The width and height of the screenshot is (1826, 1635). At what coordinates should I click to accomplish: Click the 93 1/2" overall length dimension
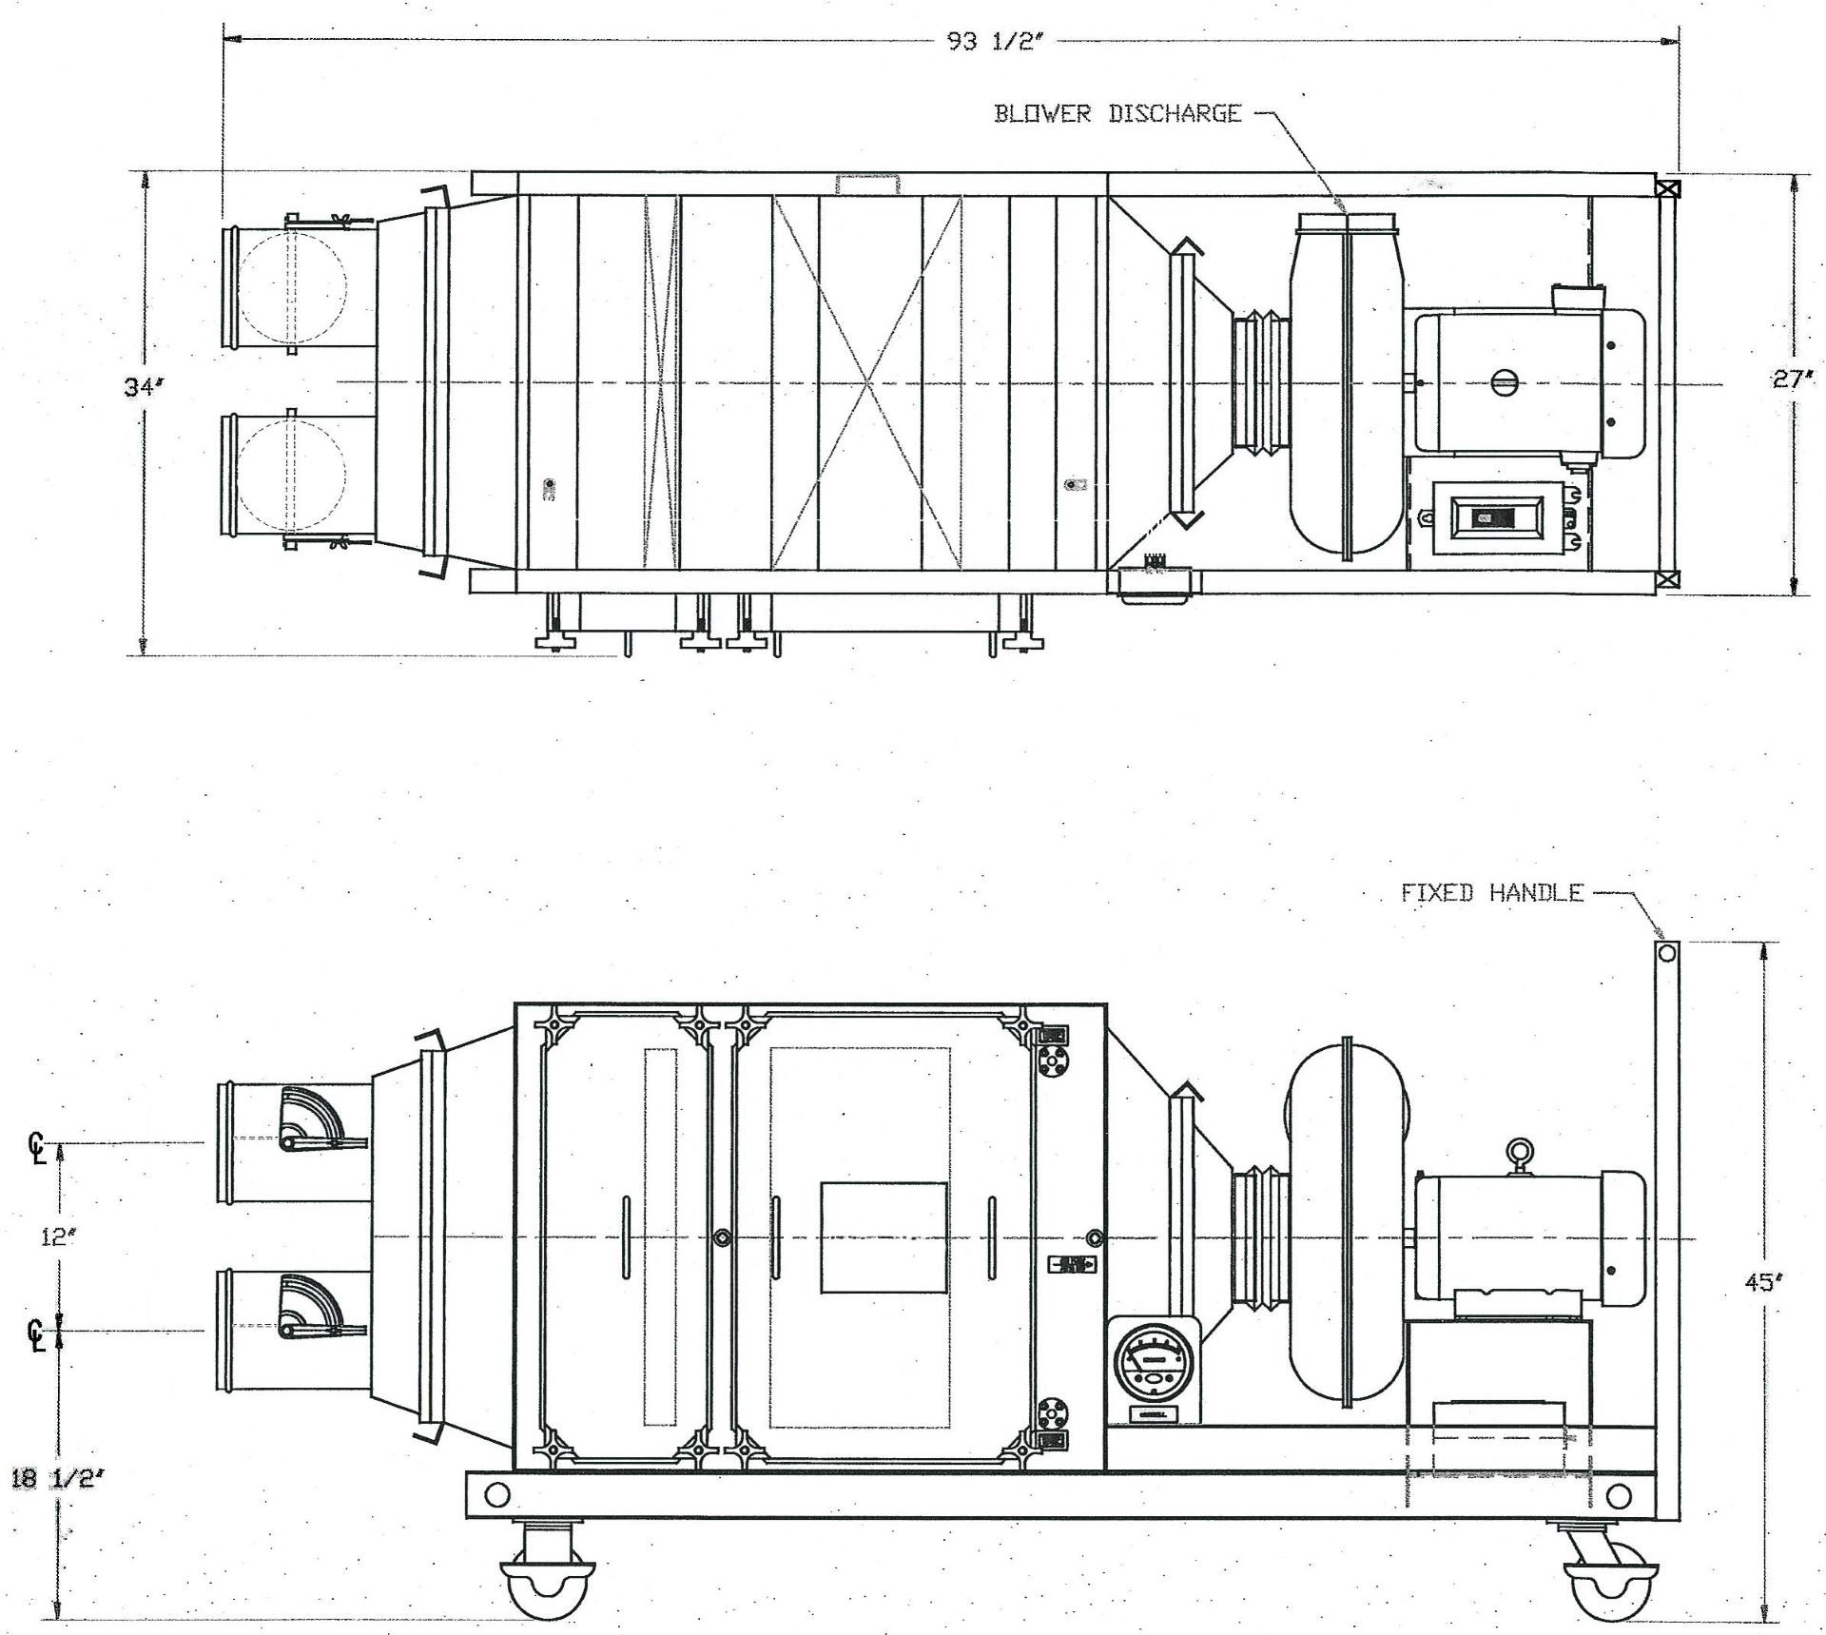click(989, 43)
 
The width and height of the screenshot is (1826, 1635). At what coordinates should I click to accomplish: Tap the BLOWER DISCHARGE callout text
click(1117, 114)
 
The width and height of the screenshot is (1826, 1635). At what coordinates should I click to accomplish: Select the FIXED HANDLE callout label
click(1492, 892)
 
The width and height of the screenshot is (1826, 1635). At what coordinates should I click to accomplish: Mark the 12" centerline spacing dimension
click(57, 1236)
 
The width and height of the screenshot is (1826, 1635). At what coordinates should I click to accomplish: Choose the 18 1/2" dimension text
click(53, 1506)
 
